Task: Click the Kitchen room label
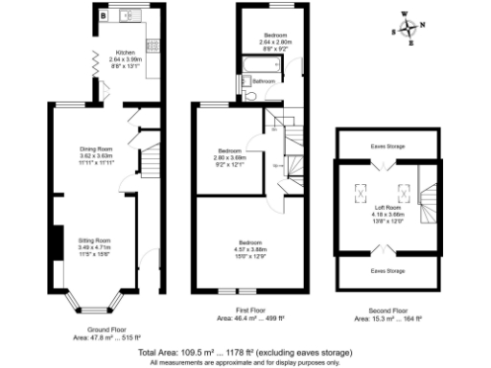126,53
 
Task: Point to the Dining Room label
96,149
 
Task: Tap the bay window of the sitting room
95,302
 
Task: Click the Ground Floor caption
107,331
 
